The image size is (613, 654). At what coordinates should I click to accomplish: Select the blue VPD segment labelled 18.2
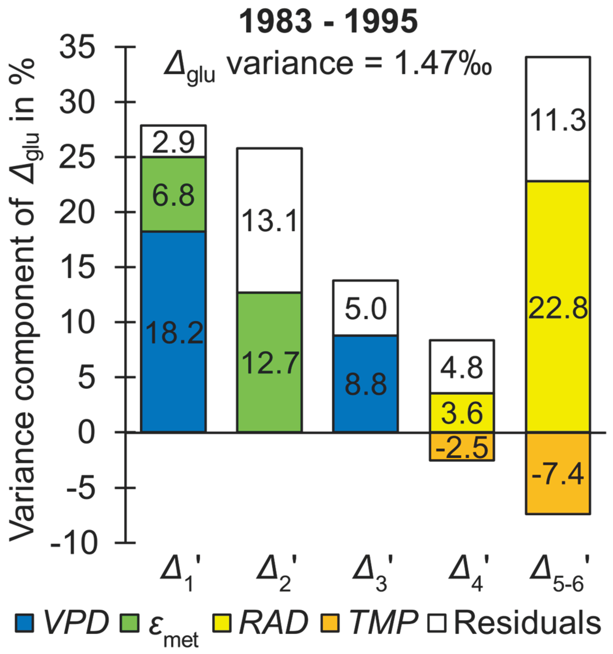pyautogui.click(x=173, y=332)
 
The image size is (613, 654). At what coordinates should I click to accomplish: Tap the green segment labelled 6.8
pyautogui.click(x=173, y=195)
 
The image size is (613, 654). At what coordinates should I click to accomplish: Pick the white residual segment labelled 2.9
pyautogui.click(x=173, y=141)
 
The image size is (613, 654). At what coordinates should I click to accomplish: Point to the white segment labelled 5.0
pyautogui.click(x=365, y=308)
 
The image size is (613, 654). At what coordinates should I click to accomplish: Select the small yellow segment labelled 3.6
pyautogui.click(x=462, y=413)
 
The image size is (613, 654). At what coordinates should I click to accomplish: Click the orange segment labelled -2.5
pyautogui.click(x=462, y=447)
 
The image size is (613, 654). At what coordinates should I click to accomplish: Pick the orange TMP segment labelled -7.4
pyautogui.click(x=558, y=474)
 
